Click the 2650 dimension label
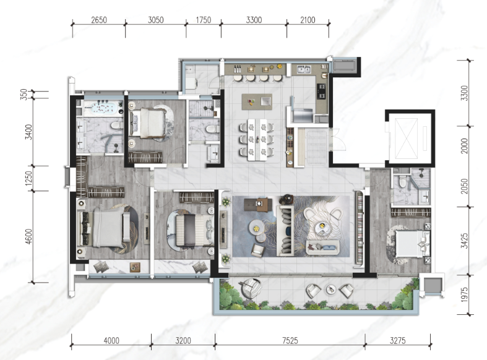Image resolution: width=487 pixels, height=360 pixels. point(99,20)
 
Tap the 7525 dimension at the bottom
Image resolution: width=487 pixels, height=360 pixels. point(290,340)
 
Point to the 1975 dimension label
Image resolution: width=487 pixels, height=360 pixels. point(464,294)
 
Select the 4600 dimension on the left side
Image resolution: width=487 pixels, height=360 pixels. point(28,236)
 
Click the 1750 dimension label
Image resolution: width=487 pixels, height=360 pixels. point(204,20)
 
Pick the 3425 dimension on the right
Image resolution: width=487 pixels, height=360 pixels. point(464,241)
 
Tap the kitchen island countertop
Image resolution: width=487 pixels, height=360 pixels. point(257,101)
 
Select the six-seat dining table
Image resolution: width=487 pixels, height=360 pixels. point(257,140)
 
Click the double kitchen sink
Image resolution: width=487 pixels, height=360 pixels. point(304,69)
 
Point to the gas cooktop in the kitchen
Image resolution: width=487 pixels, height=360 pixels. point(321,91)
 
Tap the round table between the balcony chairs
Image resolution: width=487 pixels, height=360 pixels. point(330,289)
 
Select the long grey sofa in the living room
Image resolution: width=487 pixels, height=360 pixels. point(285,231)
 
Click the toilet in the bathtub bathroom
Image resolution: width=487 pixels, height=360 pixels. point(116,126)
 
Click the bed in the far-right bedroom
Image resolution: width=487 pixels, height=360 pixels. point(411,244)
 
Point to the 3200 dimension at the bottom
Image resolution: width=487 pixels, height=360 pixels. point(183,340)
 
